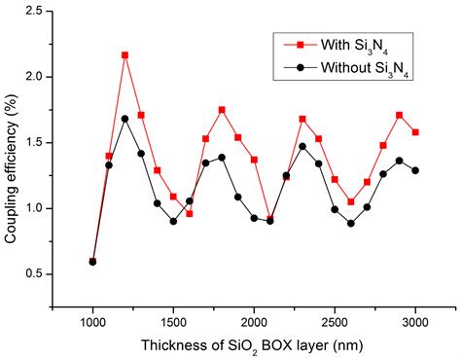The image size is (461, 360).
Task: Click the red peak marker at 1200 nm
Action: click(125, 55)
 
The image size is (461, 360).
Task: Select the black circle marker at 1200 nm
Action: click(125, 119)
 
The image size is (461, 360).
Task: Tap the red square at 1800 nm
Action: click(222, 110)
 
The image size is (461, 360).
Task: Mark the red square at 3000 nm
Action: click(416, 132)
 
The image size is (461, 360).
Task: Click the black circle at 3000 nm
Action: click(416, 170)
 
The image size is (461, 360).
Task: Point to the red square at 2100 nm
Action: click(270, 219)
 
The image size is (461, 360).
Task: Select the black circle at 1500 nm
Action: click(174, 221)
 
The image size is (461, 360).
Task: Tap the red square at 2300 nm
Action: click(302, 119)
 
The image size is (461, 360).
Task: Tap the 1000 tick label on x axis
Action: click(93, 319)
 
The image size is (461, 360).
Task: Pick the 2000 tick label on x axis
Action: click(255, 319)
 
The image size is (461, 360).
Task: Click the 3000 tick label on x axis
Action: click(416, 319)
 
